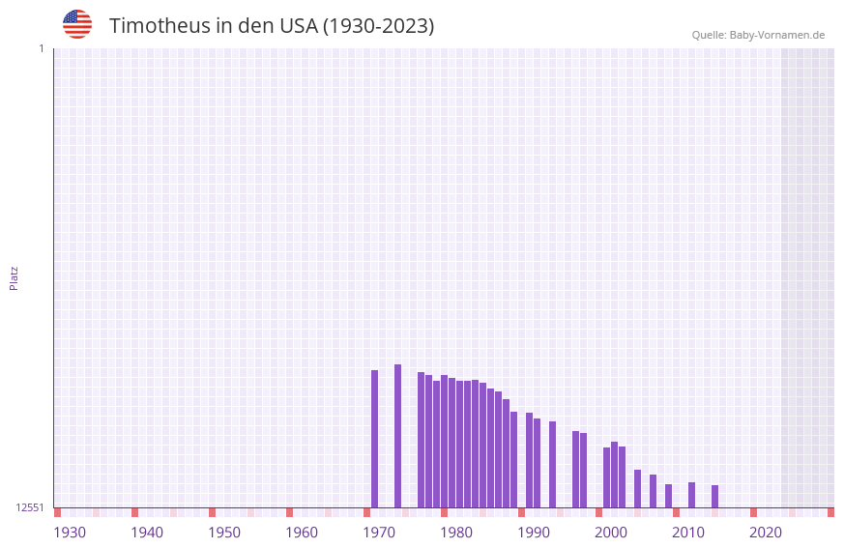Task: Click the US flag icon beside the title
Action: [77, 24]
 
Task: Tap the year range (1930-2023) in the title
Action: [378, 26]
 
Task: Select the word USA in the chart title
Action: [296, 26]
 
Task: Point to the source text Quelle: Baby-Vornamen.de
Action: [758, 35]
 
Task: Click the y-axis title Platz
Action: [14, 277]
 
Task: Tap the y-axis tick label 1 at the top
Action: [41, 48]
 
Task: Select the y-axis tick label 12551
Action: [29, 507]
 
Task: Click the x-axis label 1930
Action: [70, 533]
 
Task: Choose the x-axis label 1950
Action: [224, 533]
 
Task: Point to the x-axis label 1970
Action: [379, 533]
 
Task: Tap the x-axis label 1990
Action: [534, 533]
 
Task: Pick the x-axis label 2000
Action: [611, 533]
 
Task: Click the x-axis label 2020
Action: [766, 533]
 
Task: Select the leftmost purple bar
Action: [375, 438]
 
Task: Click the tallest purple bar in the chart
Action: [397, 435]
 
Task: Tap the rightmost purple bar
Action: [714, 496]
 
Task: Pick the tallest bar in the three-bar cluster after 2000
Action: [614, 474]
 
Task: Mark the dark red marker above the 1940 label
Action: [134, 512]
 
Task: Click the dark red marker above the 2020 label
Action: [753, 512]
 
